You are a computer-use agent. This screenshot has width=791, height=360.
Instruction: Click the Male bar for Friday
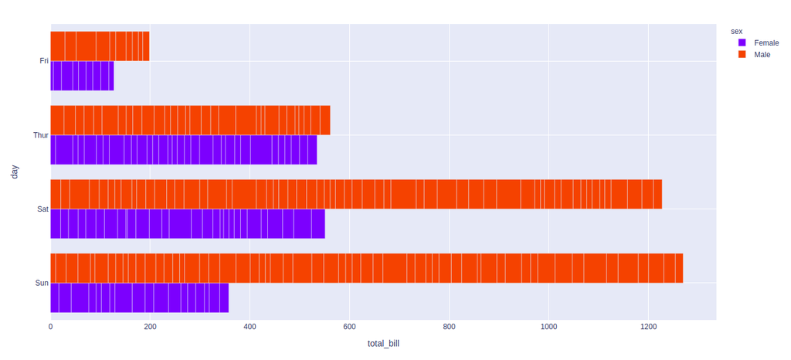100,46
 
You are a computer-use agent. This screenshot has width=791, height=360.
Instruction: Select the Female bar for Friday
82,76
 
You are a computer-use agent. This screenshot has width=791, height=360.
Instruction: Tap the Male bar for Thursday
190,120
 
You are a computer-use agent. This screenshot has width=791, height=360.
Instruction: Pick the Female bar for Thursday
184,150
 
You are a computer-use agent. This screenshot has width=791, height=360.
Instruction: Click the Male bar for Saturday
356,194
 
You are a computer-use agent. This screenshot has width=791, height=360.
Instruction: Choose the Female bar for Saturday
188,224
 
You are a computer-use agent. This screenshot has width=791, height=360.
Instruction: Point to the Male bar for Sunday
367,268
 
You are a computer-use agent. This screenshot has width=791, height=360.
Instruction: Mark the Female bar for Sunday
140,297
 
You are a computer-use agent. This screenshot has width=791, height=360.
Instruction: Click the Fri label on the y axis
44,61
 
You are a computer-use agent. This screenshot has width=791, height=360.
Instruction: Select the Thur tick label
41,135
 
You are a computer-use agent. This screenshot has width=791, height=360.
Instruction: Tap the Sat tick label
43,209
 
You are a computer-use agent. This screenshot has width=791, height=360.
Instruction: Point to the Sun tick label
42,283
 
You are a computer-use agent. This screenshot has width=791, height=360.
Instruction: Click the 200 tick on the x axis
150,327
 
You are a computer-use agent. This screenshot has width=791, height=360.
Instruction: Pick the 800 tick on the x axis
449,327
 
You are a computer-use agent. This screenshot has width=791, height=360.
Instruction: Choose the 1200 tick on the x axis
647,327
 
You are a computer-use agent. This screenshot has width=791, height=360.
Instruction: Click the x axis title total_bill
383,343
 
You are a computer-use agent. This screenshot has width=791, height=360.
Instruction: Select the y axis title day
14,172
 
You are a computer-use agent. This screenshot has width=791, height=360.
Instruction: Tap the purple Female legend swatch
742,43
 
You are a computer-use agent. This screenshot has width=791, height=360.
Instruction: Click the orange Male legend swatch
742,55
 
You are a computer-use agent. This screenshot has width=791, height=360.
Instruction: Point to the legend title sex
736,31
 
